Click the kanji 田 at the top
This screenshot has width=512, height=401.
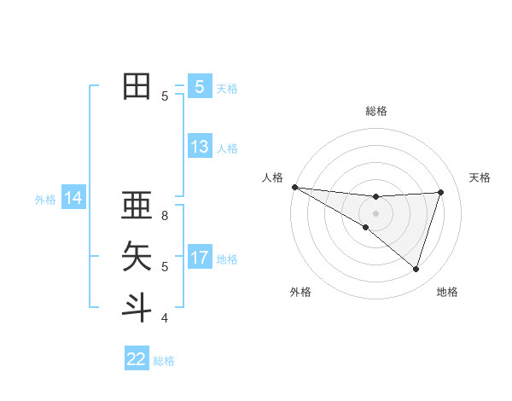[137, 86]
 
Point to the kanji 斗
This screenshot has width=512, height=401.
[137, 306]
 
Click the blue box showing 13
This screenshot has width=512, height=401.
[200, 147]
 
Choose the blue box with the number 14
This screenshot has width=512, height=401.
[73, 198]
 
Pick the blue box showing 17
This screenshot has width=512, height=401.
[200, 258]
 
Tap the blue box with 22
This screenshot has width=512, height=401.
[137, 359]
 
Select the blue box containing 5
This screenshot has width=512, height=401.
[200, 87]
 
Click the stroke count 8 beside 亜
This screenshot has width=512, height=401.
[165, 216]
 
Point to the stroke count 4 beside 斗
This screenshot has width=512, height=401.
[165, 318]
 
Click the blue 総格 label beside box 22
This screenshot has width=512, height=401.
[165, 361]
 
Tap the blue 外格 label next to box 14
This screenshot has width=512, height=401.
[45, 200]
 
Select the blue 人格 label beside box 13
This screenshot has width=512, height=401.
[227, 148]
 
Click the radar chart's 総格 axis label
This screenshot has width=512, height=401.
[376, 111]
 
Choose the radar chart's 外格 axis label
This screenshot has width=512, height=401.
[300, 292]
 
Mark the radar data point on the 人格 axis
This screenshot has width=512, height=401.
[294, 187]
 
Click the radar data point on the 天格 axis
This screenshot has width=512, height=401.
[440, 193]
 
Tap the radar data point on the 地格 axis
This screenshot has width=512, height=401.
[416, 269]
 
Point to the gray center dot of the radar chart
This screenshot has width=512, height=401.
[375, 212]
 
